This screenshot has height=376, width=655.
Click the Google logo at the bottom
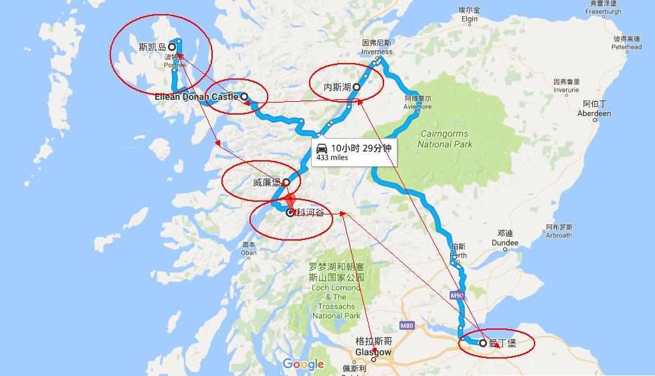303,364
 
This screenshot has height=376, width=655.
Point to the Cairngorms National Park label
444,139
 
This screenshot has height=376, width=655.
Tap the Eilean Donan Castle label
197,97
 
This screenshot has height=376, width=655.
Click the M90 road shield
457,295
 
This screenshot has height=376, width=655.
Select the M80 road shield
407,326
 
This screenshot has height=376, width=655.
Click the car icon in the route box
322,148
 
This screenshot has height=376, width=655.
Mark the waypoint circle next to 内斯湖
357,87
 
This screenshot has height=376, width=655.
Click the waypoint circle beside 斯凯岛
172,47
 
